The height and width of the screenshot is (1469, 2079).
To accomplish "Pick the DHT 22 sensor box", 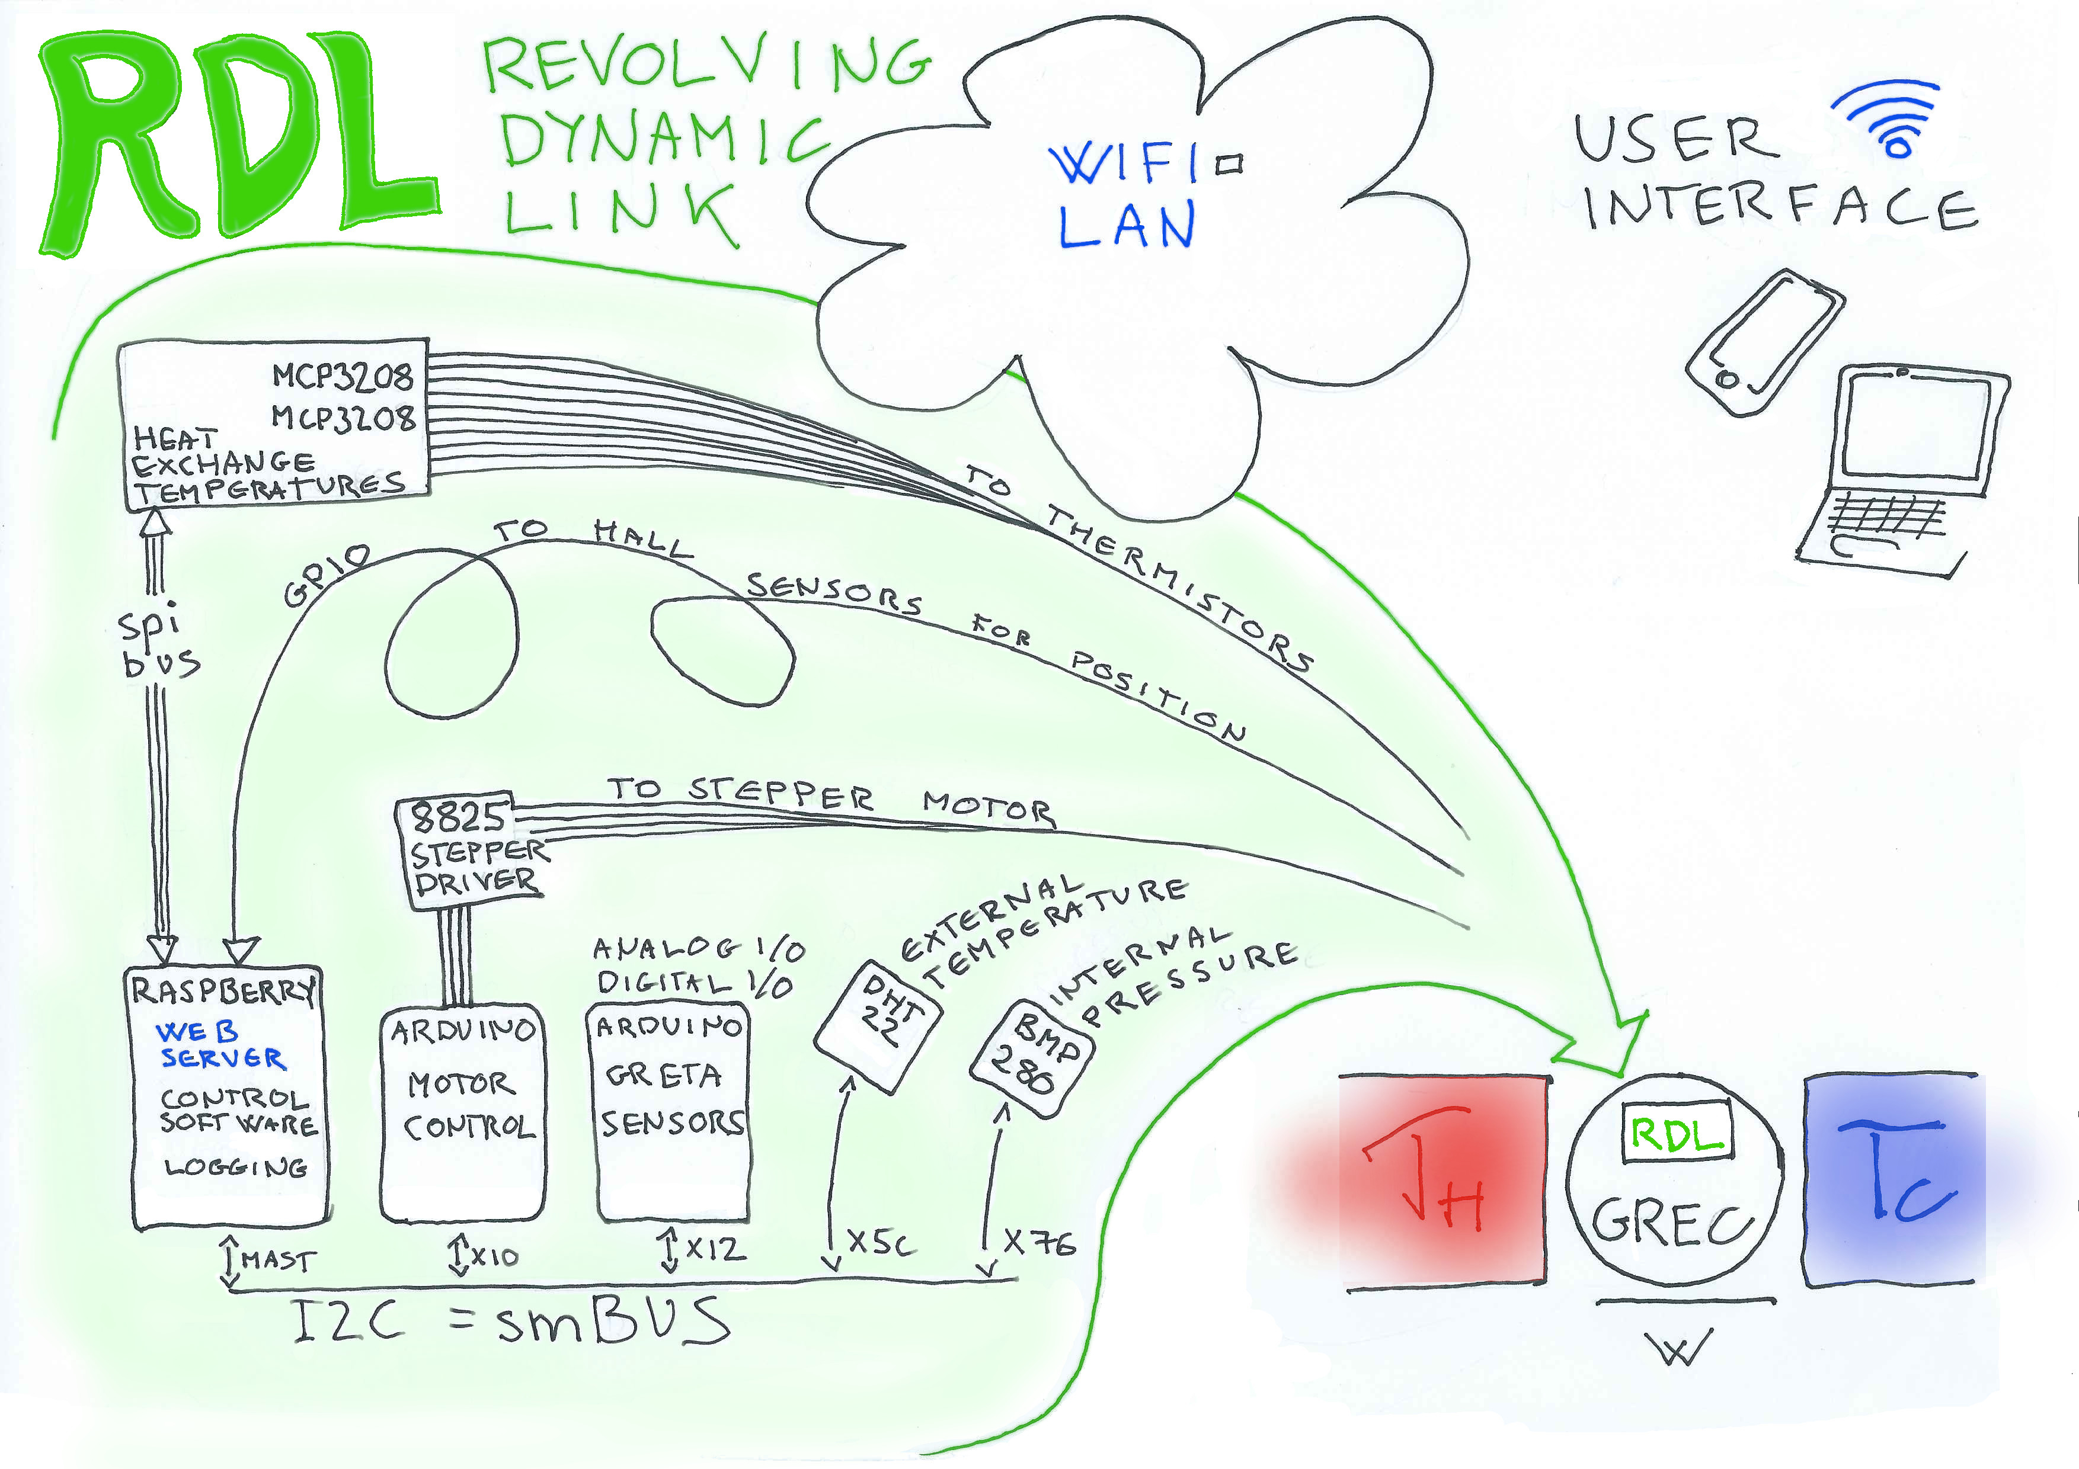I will pos(878,1025).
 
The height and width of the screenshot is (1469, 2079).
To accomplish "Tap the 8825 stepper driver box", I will pos(471,849).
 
